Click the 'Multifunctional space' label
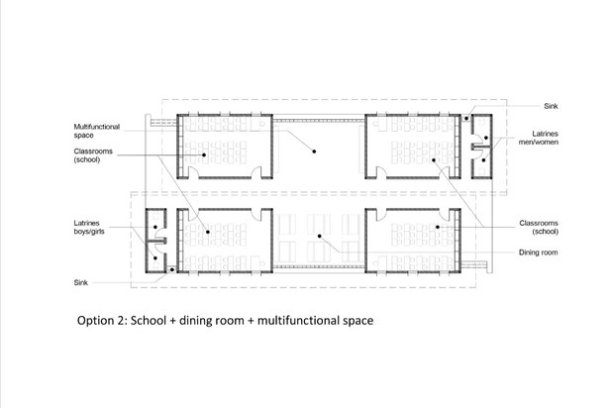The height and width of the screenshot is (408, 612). point(97,131)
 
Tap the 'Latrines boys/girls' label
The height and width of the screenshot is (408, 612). point(89,227)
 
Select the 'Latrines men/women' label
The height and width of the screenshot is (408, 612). point(539,138)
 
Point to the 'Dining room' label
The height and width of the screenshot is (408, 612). point(539,253)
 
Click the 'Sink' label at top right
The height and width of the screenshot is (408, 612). point(551,106)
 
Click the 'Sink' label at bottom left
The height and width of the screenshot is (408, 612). point(81,282)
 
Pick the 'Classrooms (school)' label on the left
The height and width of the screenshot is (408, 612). point(93,155)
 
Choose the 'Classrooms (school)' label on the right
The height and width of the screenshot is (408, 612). point(539,227)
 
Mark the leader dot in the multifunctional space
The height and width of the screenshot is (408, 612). point(314,152)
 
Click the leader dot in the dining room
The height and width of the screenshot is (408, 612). point(319,236)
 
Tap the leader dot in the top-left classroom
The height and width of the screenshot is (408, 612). point(204,155)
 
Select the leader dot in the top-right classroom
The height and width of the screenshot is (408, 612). point(433,159)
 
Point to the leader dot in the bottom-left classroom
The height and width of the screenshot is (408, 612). point(208,232)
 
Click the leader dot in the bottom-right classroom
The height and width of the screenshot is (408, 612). point(438,227)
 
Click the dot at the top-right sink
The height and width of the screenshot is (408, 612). point(466,118)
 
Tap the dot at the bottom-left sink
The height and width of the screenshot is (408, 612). point(171,269)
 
